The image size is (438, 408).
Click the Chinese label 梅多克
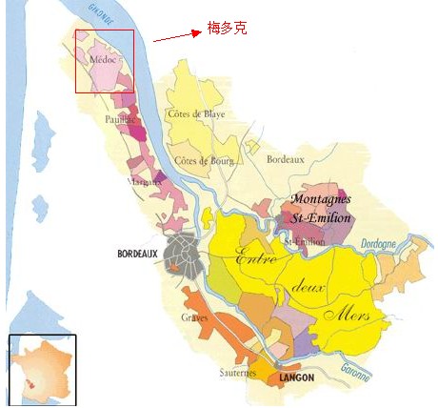coord(226,29)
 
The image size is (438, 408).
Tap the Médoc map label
coord(102,59)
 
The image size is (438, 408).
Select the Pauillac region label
coord(120,120)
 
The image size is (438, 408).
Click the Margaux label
coord(143,180)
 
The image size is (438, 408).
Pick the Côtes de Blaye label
coord(194,113)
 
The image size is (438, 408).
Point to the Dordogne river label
coord(379,244)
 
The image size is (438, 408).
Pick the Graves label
coord(194,316)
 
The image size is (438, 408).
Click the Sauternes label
coord(238,372)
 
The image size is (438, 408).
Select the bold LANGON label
coord(298,378)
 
